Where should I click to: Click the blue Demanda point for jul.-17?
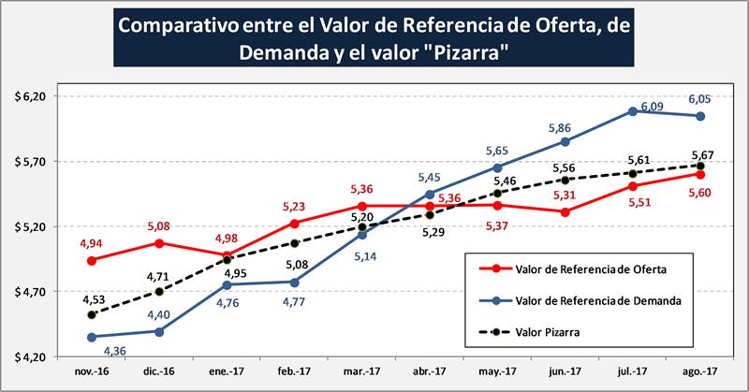[x=633, y=111]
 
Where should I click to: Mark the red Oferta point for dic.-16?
[x=159, y=243]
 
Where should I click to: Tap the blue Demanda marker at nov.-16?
[x=91, y=337]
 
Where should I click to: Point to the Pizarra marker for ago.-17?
[x=700, y=166]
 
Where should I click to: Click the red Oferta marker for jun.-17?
[x=565, y=211]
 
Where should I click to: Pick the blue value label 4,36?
[x=114, y=352]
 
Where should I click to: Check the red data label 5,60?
[x=701, y=194]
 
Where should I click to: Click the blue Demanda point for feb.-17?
[x=294, y=283]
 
